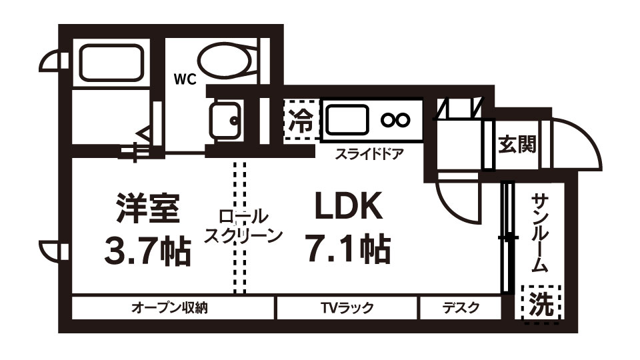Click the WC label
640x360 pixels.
185,80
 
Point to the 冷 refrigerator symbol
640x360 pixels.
301,120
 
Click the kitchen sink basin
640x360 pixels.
348,120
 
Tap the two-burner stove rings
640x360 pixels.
395,120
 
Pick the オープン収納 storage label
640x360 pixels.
170,308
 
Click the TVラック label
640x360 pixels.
347,308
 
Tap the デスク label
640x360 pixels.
460,308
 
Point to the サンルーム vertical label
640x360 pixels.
541,233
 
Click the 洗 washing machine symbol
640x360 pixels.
541,304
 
